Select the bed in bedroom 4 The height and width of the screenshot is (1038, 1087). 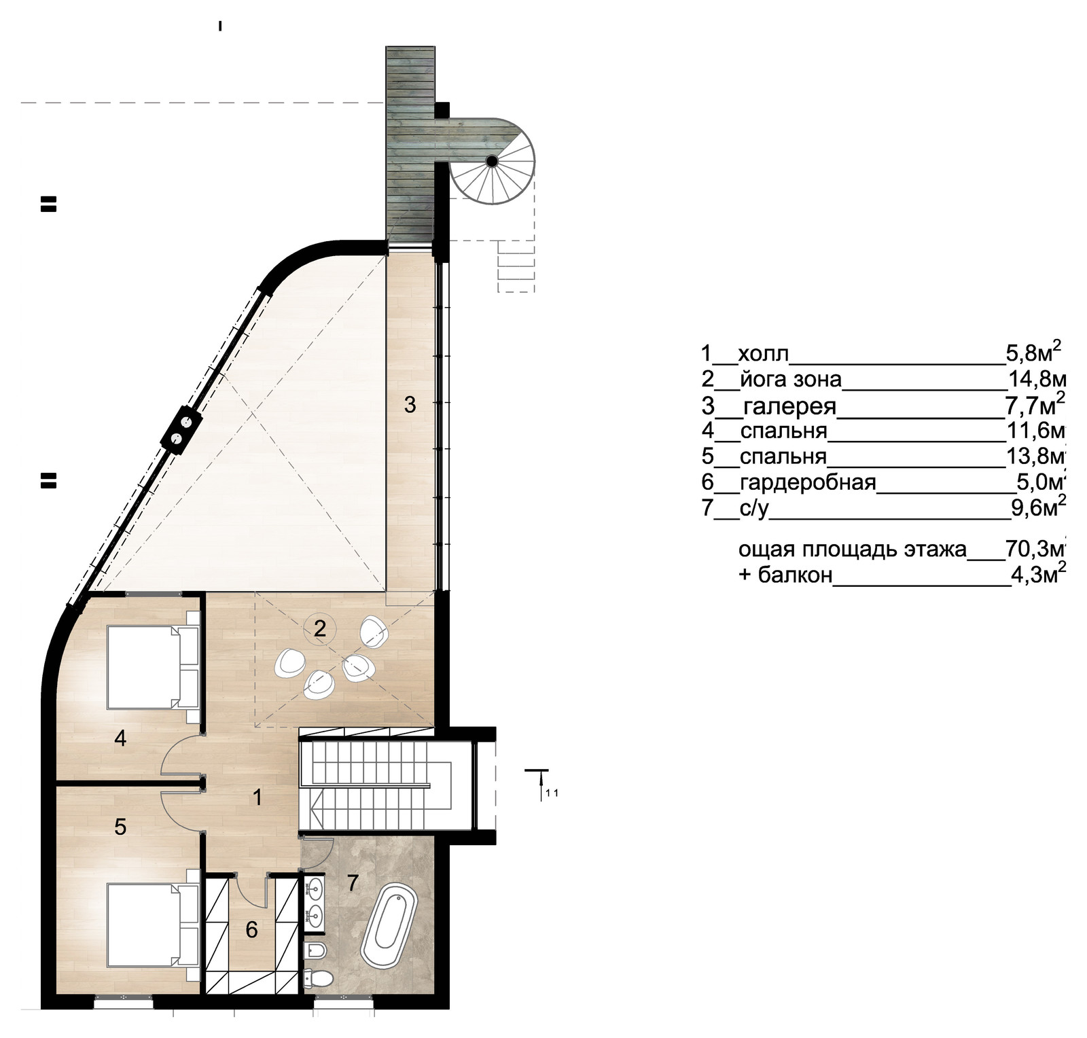[153, 668]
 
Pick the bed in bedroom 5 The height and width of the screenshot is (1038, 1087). [154, 925]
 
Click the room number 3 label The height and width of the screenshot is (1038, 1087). [410, 405]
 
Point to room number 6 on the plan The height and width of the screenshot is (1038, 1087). [251, 929]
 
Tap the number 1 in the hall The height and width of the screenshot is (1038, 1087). [257, 797]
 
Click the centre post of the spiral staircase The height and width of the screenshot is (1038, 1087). [491, 161]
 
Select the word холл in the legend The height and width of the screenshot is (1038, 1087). [763, 354]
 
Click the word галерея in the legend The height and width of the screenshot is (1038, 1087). [789, 407]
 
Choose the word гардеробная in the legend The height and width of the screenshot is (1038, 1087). [808, 483]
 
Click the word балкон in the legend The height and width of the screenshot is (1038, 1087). [795, 575]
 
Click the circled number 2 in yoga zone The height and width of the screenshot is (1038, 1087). [319, 628]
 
